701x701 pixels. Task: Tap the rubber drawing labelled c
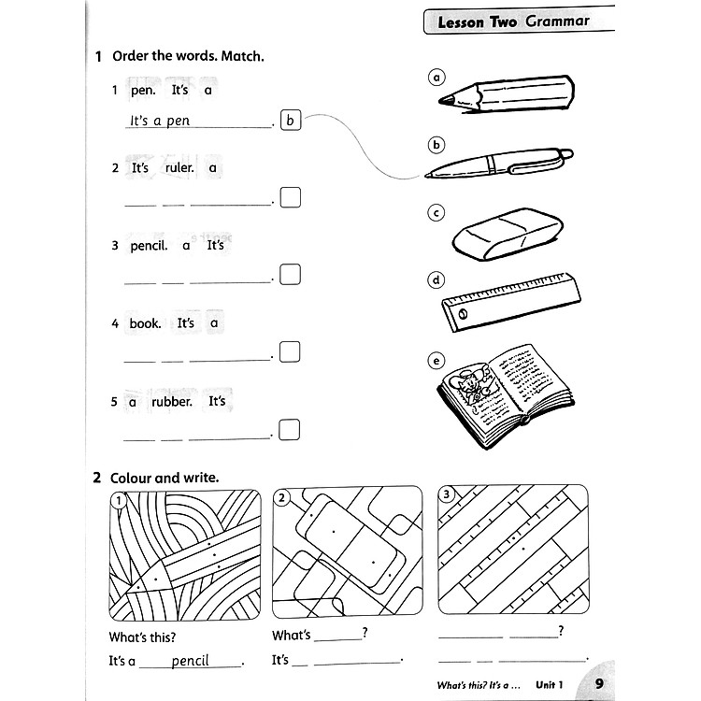(x=508, y=233)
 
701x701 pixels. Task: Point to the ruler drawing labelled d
(x=511, y=301)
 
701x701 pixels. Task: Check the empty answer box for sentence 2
(x=291, y=197)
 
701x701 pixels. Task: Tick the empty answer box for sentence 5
(x=291, y=429)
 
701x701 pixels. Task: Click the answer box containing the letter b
(x=291, y=120)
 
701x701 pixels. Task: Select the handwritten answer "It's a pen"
(x=160, y=121)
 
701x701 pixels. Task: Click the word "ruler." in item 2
(x=179, y=168)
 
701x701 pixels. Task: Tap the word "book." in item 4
(x=146, y=323)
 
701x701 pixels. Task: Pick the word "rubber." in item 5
(x=172, y=401)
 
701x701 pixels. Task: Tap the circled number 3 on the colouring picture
(x=448, y=494)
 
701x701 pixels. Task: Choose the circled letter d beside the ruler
(x=436, y=279)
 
